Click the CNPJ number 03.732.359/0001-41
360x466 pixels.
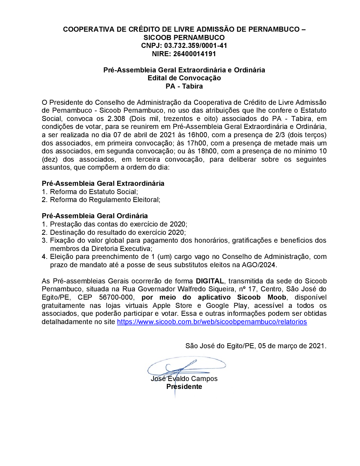195,46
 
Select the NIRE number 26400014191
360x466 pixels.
194,54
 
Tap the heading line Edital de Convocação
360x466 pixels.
184,78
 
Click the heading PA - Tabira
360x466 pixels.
184,86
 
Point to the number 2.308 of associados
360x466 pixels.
116,119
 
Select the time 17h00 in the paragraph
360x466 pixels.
197,143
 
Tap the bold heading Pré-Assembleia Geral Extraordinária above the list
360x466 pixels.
103,184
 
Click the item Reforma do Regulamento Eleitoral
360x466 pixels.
105,200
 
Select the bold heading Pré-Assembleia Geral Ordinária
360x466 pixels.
95,216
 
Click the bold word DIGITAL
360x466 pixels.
210,281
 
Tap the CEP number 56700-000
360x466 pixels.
116,297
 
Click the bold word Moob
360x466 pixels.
276,297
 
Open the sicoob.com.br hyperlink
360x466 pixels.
212,322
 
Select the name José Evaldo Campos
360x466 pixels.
184,379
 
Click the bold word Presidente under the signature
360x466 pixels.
184,387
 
